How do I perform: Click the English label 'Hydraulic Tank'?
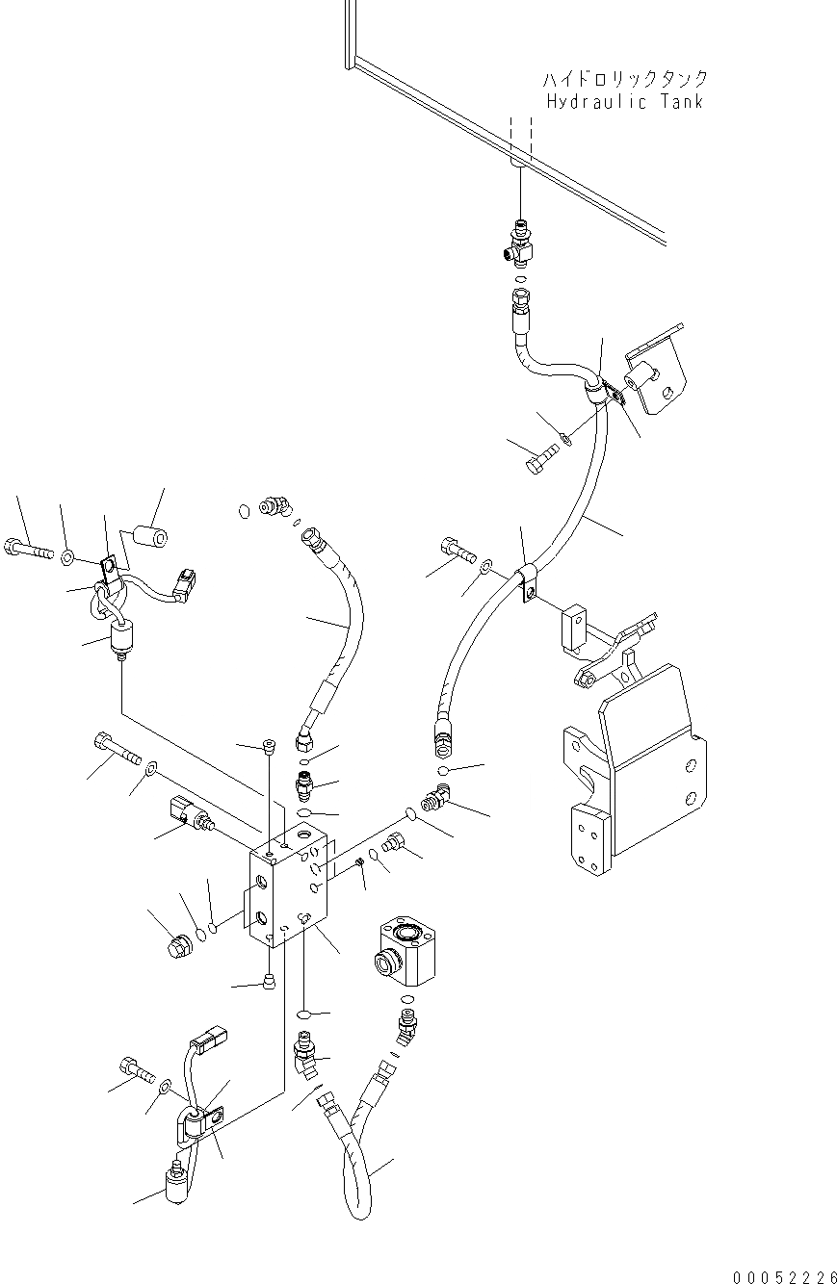click(624, 101)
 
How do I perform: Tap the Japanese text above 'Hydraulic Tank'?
click(624, 79)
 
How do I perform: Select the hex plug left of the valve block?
click(179, 947)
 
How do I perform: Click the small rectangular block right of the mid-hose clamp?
click(574, 625)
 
